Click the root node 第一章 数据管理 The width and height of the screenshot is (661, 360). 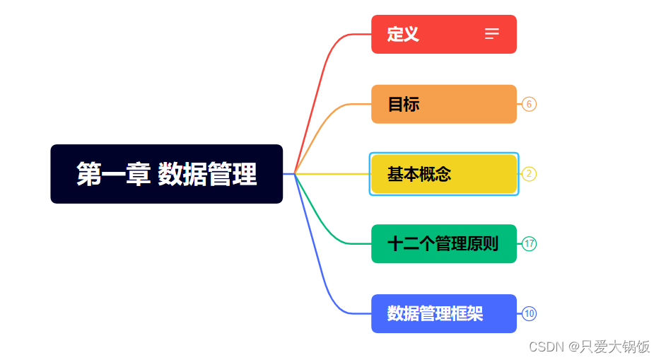point(166,174)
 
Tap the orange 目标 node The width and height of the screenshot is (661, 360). point(443,104)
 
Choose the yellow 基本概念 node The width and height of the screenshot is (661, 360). point(443,174)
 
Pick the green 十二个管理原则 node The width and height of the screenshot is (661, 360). point(443,244)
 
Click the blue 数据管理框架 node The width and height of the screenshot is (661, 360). point(443,313)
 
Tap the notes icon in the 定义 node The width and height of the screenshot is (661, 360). point(492,34)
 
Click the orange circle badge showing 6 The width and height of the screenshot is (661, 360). point(530,104)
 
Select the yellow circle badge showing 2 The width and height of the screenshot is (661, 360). point(530,174)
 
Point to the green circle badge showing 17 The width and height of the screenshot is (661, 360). point(530,244)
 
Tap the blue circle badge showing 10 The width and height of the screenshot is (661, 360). point(530,313)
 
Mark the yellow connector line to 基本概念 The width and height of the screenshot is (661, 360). point(332,173)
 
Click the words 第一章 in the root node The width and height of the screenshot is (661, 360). point(110,174)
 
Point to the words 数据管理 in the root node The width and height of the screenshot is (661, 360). point(207,174)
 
